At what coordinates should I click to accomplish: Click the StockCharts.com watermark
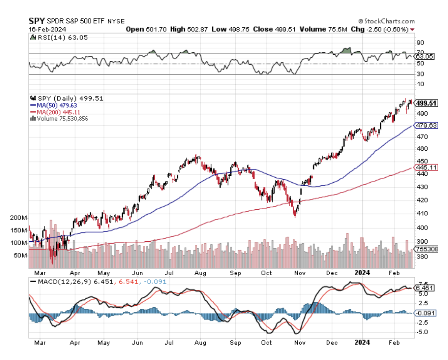point(386,21)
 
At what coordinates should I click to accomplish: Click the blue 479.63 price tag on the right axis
point(427,125)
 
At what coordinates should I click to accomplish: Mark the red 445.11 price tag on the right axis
point(427,167)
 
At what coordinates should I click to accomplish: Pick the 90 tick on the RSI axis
point(420,43)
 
